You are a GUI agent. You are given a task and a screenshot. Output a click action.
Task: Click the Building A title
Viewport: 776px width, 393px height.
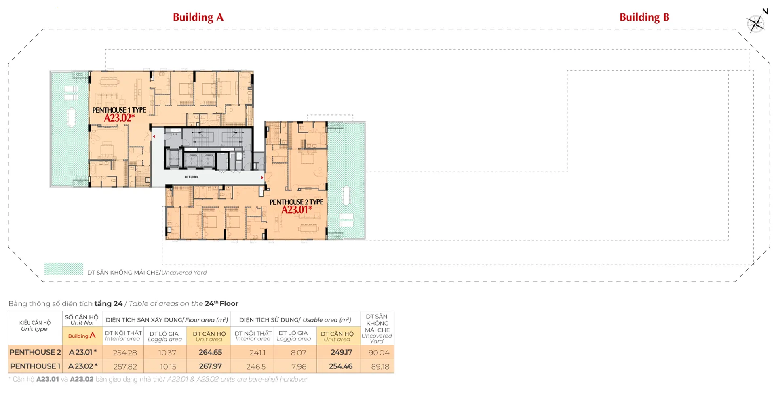[198, 17]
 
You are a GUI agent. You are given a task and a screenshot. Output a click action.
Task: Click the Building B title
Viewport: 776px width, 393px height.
[644, 17]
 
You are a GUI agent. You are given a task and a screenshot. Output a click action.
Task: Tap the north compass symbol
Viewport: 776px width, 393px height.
[756, 22]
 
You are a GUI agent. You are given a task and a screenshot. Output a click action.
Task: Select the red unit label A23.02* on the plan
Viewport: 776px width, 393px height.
[119, 118]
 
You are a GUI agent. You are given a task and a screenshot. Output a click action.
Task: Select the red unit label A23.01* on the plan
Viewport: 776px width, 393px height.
[297, 210]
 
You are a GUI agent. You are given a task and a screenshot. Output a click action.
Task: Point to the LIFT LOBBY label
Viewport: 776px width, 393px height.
[192, 177]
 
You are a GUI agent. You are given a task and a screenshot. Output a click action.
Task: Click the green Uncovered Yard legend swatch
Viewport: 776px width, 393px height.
[63, 269]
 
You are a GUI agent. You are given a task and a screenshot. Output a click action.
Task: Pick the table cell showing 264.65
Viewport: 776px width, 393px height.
[210, 352]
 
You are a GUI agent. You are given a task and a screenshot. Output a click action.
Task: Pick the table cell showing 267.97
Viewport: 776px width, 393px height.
[210, 366]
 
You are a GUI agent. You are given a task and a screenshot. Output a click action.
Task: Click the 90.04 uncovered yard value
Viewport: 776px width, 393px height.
[379, 353]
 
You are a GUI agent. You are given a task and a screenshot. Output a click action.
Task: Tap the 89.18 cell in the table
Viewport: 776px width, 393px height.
[380, 366]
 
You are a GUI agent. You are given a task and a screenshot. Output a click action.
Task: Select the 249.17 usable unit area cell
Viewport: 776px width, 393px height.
[341, 352]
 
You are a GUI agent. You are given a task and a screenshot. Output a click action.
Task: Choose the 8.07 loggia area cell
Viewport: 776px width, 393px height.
[298, 353]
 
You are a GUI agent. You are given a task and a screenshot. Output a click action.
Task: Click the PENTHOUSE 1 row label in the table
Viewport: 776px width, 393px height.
[35, 366]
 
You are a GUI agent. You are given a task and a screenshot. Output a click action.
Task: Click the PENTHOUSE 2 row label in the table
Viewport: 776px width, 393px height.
[35, 352]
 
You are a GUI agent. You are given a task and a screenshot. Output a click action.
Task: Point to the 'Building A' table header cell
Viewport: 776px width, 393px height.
[82, 336]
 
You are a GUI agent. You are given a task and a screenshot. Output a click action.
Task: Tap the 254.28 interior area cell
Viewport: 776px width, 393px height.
[125, 353]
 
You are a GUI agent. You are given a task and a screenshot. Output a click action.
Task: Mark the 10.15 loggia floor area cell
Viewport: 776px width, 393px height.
[168, 366]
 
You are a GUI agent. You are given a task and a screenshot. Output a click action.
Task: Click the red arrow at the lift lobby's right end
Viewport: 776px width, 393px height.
[262, 177]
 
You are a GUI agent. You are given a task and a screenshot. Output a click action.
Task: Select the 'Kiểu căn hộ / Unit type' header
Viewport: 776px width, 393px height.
[35, 326]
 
